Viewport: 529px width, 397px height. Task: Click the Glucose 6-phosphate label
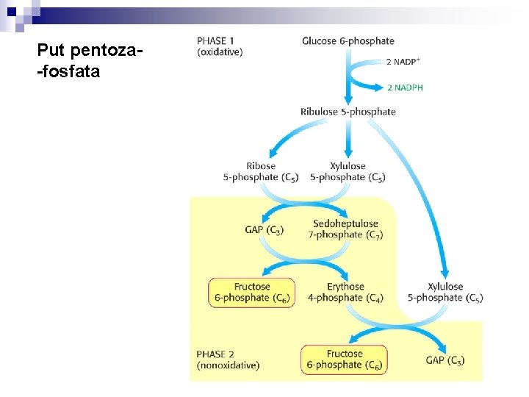[348, 41]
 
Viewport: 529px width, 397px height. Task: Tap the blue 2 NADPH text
[405, 87]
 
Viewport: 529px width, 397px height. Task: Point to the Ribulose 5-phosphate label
[348, 112]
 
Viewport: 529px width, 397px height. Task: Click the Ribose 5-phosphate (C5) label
[261, 171]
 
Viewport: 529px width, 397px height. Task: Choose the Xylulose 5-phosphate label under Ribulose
[348, 171]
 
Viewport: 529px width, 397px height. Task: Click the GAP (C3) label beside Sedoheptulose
[264, 229]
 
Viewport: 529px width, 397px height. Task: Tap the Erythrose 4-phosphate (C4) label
[345, 292]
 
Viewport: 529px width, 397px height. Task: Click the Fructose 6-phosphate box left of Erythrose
[251, 292]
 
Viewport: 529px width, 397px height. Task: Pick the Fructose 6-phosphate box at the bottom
[344, 359]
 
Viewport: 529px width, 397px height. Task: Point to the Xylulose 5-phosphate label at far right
[445, 292]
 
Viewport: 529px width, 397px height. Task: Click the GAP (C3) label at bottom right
[445, 360]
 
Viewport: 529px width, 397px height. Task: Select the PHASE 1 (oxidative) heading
[220, 46]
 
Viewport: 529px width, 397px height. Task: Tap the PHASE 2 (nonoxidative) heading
[228, 359]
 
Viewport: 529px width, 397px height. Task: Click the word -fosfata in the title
[73, 73]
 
